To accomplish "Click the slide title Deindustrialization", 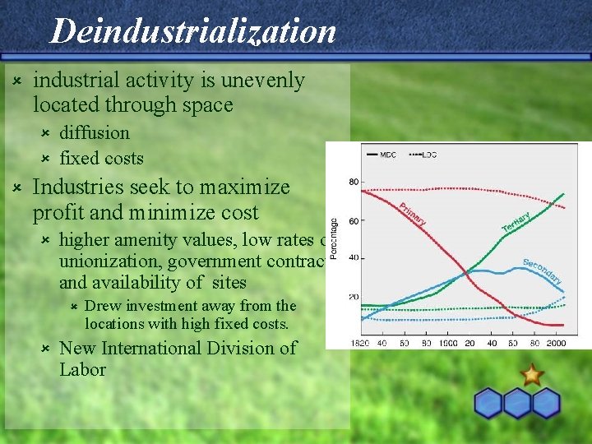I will click(x=193, y=31).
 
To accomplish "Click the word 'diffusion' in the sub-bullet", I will click(x=95, y=132).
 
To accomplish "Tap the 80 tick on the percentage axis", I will click(x=353, y=182).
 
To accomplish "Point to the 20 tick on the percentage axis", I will click(x=353, y=297).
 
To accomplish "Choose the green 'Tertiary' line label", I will click(x=516, y=220).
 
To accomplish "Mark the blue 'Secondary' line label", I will click(x=543, y=272).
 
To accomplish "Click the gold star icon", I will click(x=532, y=376).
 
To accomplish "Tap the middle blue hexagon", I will click(x=517, y=403).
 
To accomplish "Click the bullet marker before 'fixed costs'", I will click(x=46, y=158).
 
